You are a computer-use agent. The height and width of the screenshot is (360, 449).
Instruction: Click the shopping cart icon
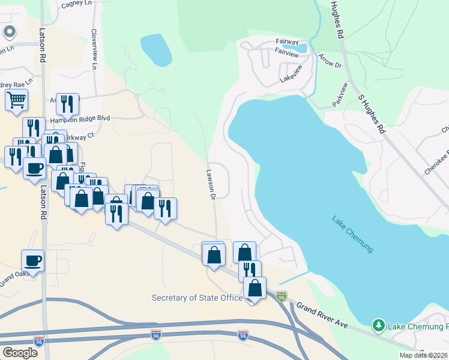pos(17,100)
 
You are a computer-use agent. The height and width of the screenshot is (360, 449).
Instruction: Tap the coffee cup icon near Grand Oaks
pos(32,261)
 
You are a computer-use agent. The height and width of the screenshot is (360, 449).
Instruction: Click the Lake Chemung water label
pos(352,234)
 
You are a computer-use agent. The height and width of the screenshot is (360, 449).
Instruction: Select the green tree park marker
pos(378,326)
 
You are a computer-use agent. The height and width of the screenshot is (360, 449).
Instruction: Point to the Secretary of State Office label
pos(197,298)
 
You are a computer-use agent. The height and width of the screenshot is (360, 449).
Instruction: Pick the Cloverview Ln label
pos(94,48)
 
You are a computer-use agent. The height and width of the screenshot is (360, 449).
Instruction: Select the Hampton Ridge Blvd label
pos(80,119)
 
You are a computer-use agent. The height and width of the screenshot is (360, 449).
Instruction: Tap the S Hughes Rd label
pos(370,113)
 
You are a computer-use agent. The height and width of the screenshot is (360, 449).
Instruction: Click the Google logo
pos(20,353)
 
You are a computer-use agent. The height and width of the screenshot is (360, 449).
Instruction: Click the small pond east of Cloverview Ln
pos(155,49)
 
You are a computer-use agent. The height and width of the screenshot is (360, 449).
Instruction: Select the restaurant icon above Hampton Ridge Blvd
pos(67,104)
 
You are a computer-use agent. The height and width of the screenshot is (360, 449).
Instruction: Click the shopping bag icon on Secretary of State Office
pos(255,288)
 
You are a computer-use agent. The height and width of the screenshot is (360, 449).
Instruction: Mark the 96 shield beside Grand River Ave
pos(282,296)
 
